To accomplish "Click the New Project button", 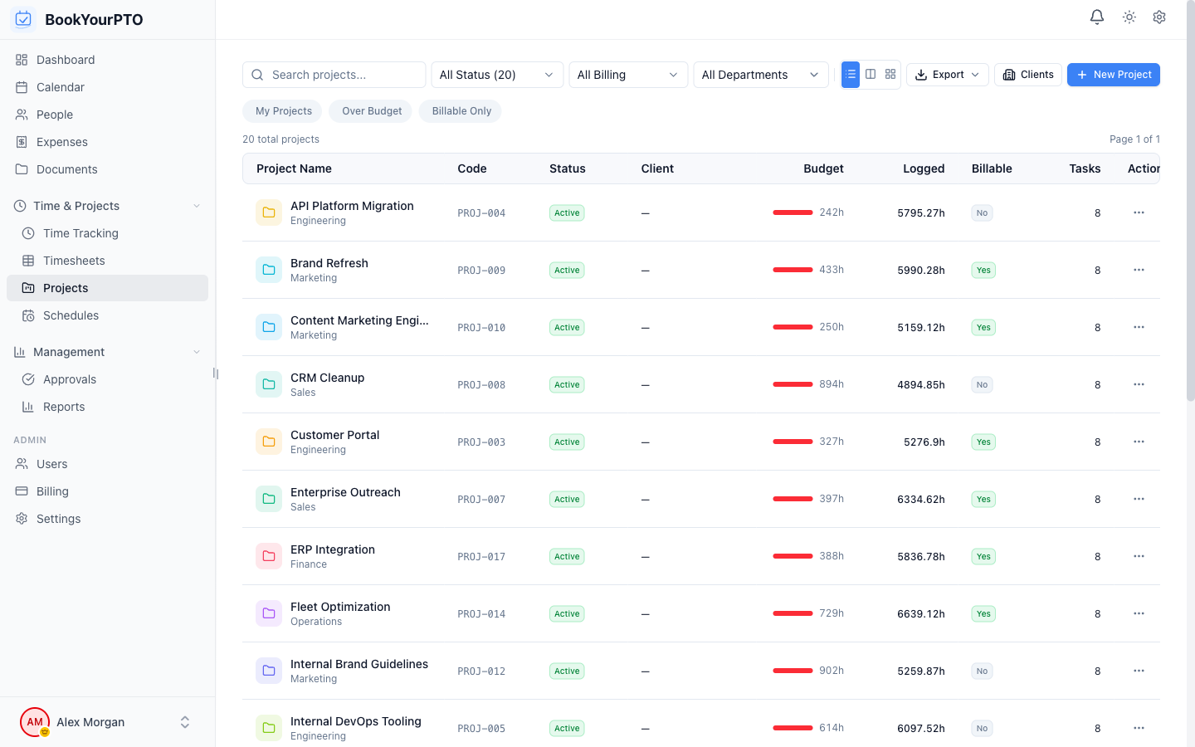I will pyautogui.click(x=1113, y=75).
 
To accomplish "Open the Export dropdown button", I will pyautogui.click(x=947, y=75).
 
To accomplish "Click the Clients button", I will pyautogui.click(x=1027, y=75).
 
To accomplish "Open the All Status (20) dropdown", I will pyautogui.click(x=496, y=75).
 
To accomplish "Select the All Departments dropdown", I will pyautogui.click(x=760, y=75).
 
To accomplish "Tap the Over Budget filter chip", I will pyautogui.click(x=371, y=111).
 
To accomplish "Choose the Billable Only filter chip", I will pyautogui.click(x=461, y=111).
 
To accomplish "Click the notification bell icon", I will pyautogui.click(x=1096, y=17).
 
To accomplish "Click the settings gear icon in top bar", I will pyautogui.click(x=1159, y=17).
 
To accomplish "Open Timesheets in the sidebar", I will pyautogui.click(x=74, y=261).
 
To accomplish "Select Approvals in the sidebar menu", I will pyautogui.click(x=70, y=379).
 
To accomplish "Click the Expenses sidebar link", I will pyautogui.click(x=62, y=142).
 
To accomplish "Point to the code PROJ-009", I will pyautogui.click(x=481, y=271).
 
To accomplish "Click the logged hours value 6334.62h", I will pyautogui.click(x=920, y=500).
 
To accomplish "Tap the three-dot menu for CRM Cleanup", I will pyautogui.click(x=1139, y=384).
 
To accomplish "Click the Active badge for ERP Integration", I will pyautogui.click(x=567, y=557).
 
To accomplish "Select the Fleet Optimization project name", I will pyautogui.click(x=340, y=607).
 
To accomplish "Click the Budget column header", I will pyautogui.click(x=823, y=168).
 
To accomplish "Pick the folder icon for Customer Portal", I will pyautogui.click(x=269, y=442).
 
